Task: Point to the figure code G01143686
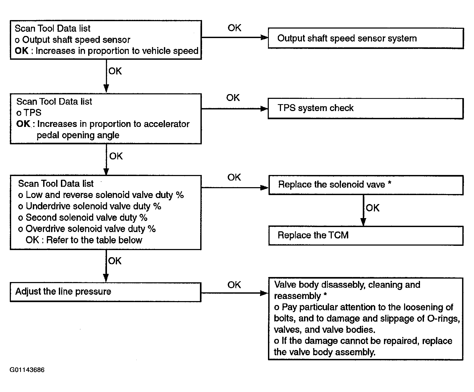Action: point(27,370)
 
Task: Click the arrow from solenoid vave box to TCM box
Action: point(363,210)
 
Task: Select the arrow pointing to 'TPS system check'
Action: point(235,109)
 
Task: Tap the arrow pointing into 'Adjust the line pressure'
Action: point(106,266)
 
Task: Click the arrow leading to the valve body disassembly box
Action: point(235,293)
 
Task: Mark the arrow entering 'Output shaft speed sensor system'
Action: point(235,38)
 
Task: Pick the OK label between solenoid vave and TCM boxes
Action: point(373,208)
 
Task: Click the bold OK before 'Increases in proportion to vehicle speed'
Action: point(22,51)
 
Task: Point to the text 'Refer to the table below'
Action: point(94,240)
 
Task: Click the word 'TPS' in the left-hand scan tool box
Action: point(33,113)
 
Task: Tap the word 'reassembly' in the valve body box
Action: point(297,296)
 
